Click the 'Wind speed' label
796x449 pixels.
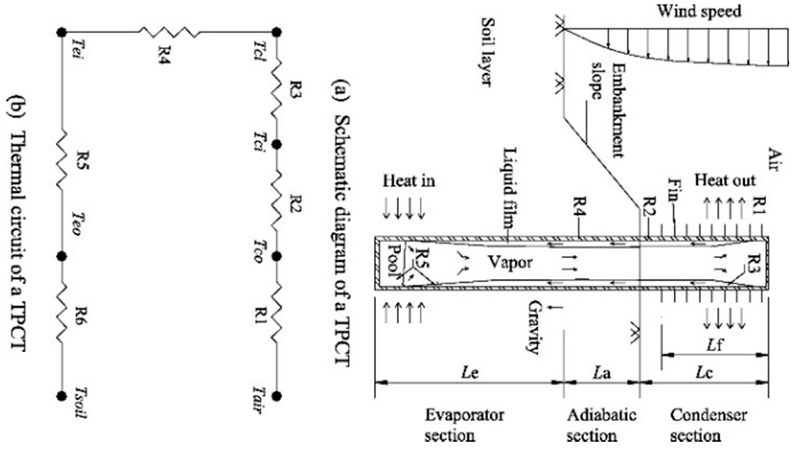click(x=699, y=12)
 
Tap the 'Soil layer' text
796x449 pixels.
click(x=487, y=52)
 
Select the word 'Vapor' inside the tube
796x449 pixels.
click(x=510, y=262)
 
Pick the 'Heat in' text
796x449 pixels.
click(x=409, y=181)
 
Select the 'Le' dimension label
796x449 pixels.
click(x=470, y=373)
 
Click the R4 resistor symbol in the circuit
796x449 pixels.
click(x=168, y=32)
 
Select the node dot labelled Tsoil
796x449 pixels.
click(x=62, y=396)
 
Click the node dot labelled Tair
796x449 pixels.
click(x=277, y=396)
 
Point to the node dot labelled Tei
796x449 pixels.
click(x=62, y=32)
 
